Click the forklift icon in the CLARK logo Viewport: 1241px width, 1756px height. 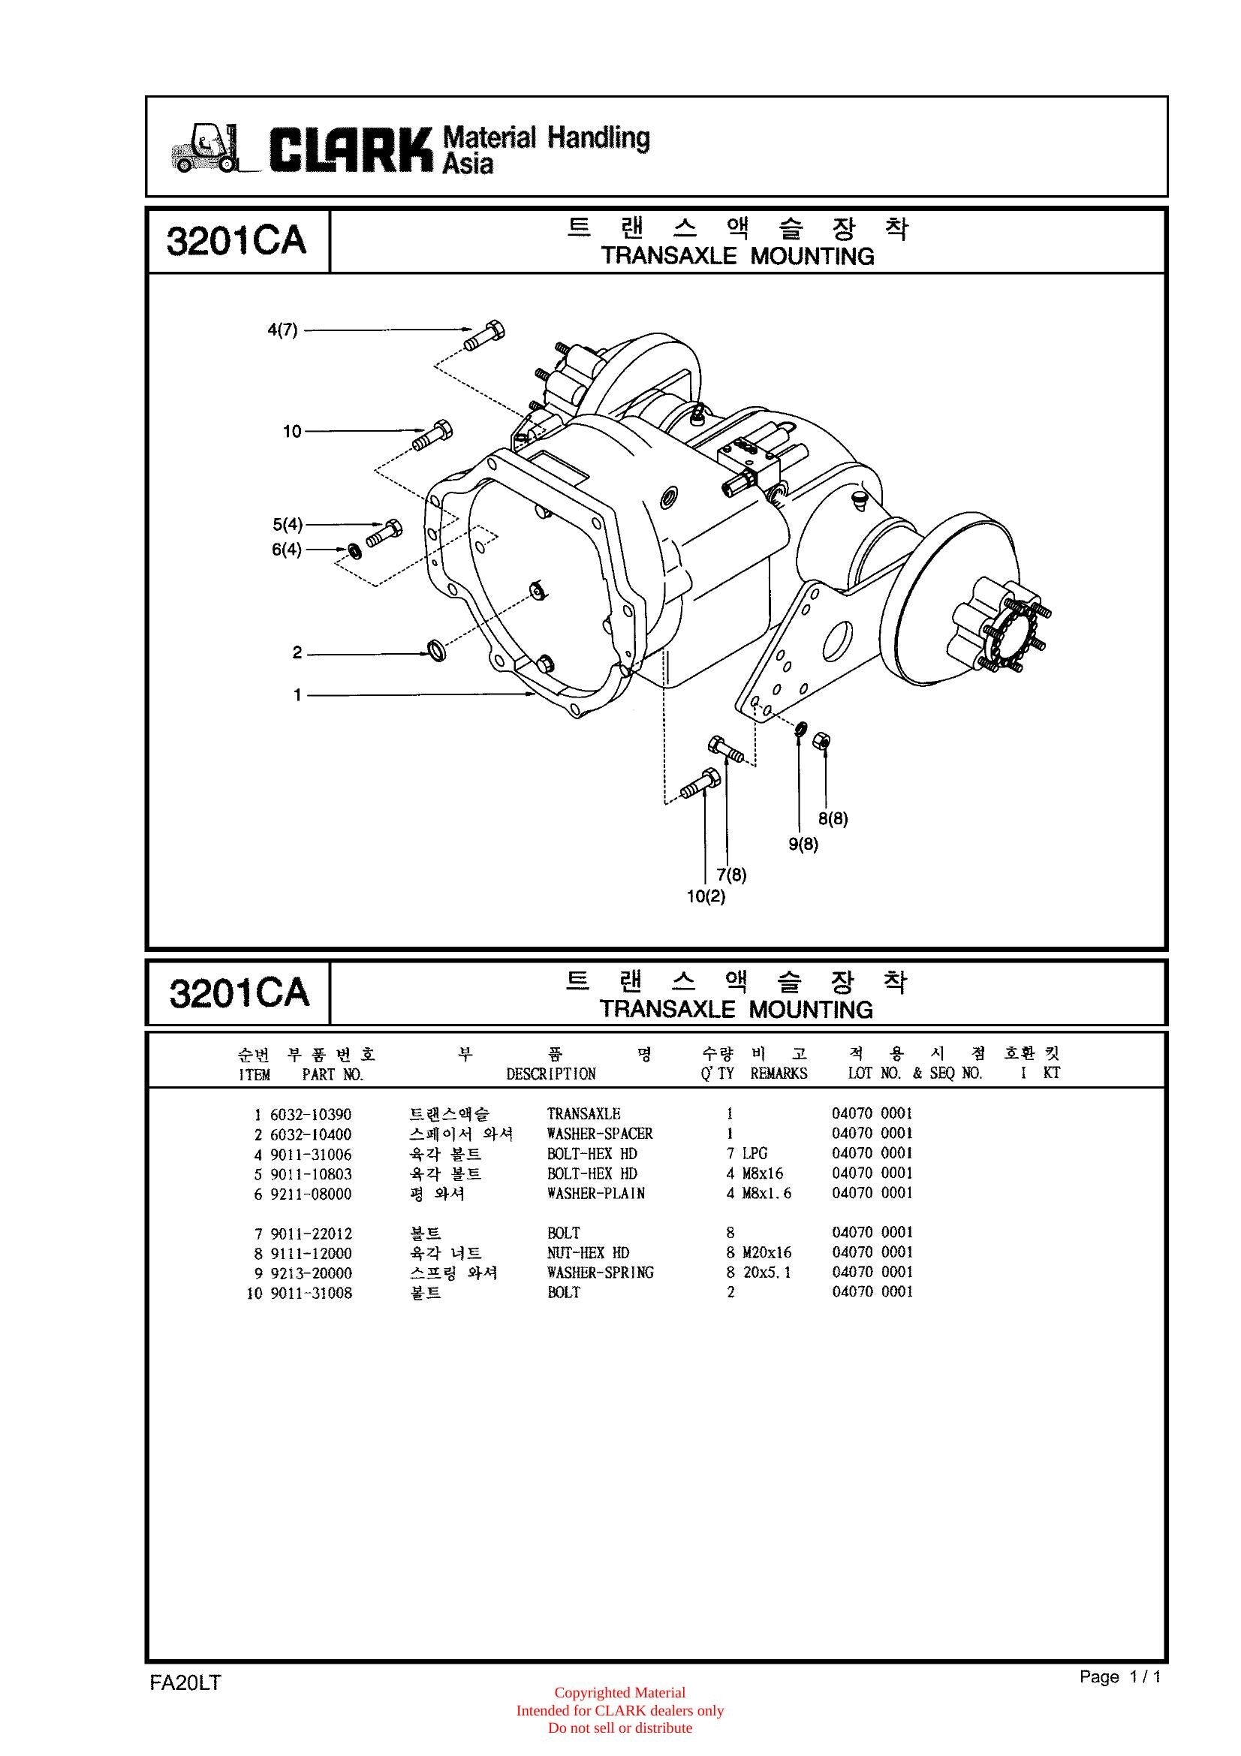tap(204, 148)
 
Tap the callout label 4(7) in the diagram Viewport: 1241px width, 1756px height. tap(282, 330)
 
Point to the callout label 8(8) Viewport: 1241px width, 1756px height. tap(833, 818)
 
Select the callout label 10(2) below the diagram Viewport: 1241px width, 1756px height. tap(706, 896)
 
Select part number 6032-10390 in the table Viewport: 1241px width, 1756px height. tap(312, 1114)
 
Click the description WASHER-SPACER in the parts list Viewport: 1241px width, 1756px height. tap(601, 1134)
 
